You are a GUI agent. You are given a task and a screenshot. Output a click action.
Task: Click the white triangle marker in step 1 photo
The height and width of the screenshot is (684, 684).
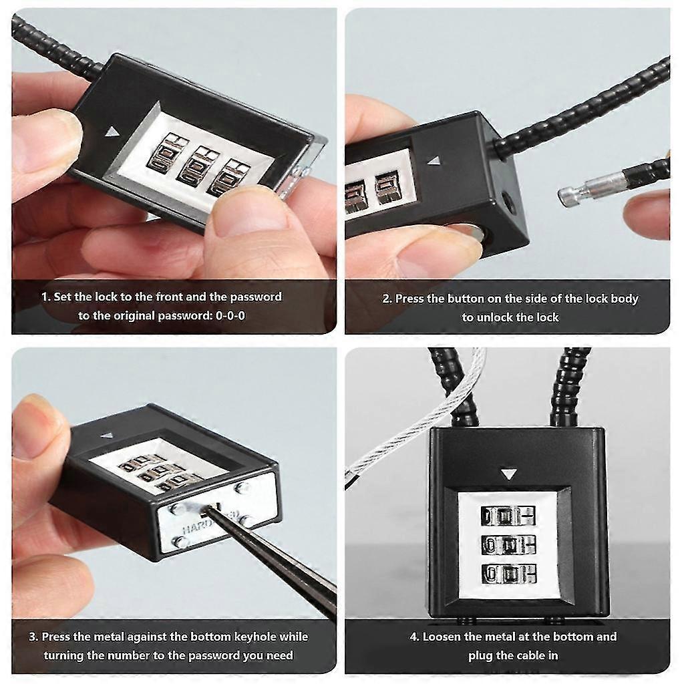click(112, 132)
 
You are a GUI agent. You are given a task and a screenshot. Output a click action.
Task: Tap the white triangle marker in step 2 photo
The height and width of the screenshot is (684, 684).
click(432, 161)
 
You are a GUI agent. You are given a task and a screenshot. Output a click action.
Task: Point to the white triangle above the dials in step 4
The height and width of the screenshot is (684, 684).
click(508, 474)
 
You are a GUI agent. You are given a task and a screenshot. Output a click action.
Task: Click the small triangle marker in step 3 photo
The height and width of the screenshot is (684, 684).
click(107, 434)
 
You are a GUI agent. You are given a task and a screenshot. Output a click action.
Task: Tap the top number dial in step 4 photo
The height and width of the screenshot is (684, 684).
click(508, 516)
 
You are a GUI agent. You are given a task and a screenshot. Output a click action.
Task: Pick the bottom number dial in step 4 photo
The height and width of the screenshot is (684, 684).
click(508, 574)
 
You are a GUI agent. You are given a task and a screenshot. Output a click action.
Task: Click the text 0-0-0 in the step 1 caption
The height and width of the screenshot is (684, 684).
click(230, 315)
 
